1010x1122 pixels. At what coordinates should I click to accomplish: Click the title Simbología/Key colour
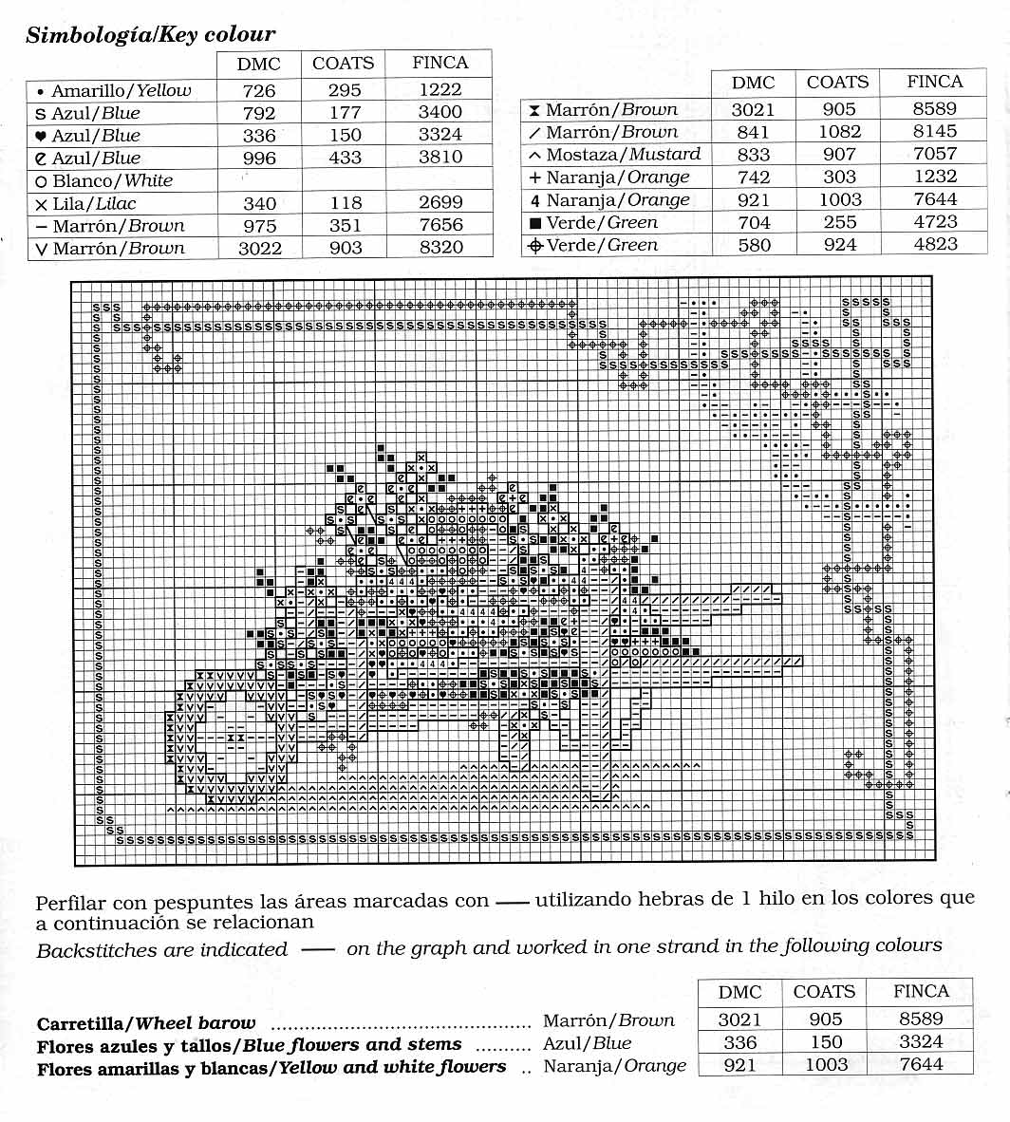coord(150,35)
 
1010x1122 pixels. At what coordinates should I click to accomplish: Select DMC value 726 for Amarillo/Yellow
coord(259,91)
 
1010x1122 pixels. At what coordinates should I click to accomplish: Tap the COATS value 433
coord(345,158)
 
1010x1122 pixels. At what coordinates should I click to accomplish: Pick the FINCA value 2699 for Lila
coord(440,203)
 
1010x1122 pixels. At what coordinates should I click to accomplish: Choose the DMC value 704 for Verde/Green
coord(753,222)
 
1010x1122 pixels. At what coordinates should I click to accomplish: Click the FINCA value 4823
coord(935,244)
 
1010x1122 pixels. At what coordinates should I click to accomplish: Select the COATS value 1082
coord(839,132)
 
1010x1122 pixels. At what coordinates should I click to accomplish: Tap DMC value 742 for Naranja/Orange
coord(753,178)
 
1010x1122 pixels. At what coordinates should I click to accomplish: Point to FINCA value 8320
coord(440,248)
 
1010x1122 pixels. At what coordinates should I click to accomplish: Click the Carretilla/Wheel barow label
coord(146,1023)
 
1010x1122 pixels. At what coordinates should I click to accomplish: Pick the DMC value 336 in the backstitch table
coord(739,1042)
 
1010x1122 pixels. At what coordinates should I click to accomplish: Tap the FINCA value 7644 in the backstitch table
coord(921,1064)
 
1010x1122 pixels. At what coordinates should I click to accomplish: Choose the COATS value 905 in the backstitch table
coord(825,1019)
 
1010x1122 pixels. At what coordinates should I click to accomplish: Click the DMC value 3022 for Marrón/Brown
coord(259,248)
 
